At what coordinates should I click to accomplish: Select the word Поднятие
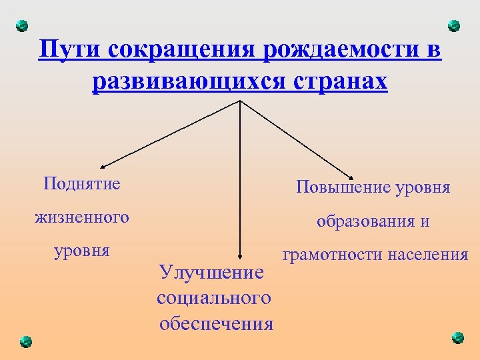(x=82, y=183)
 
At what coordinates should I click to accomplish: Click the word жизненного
(x=83, y=217)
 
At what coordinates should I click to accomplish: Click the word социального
(x=214, y=297)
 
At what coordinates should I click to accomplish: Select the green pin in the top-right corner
(x=454, y=26)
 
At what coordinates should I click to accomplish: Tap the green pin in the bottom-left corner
(x=25, y=341)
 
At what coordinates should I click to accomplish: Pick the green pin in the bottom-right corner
(x=457, y=337)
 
